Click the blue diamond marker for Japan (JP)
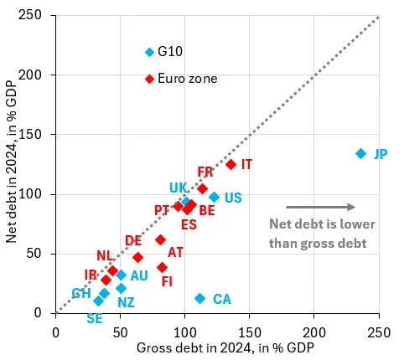coord(360,153)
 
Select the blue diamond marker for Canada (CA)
coord(199,298)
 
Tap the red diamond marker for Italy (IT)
coord(230,164)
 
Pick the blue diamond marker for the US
coord(214,197)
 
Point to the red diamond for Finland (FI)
coord(162,267)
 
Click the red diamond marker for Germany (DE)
coord(137,257)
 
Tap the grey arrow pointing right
coord(320,207)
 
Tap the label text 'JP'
coord(381,154)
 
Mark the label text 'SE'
coord(95,318)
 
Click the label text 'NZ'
coord(126,302)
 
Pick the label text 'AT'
coord(175,251)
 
